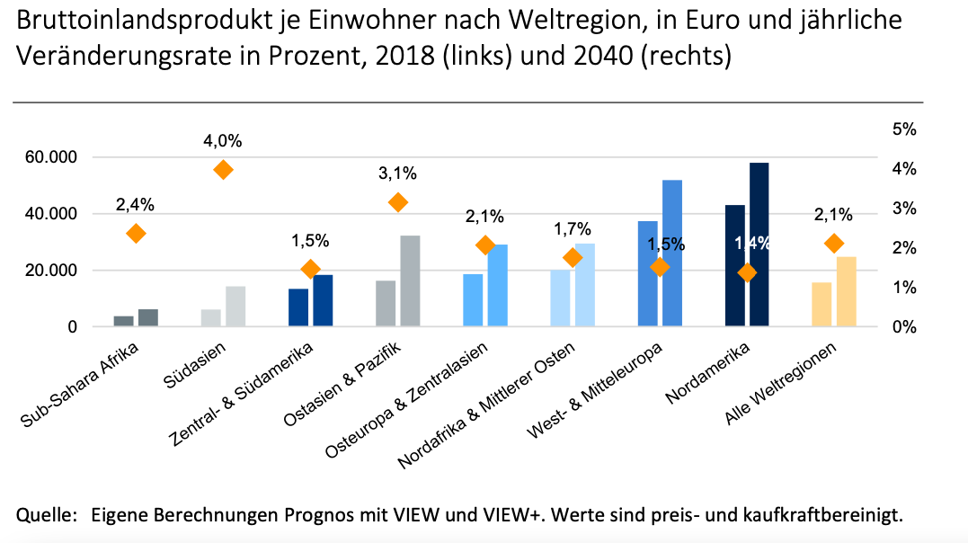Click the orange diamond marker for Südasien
[x=223, y=170]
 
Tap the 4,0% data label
[x=223, y=141]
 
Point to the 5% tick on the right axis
[x=903, y=129]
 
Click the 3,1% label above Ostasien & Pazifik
[x=397, y=174]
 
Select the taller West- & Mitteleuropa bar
[x=672, y=253]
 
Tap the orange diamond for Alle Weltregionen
[x=834, y=243]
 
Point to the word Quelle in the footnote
[x=43, y=515]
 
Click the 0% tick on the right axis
[x=903, y=327]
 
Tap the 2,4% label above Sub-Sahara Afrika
[x=136, y=205]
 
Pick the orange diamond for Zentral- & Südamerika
[x=310, y=269]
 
